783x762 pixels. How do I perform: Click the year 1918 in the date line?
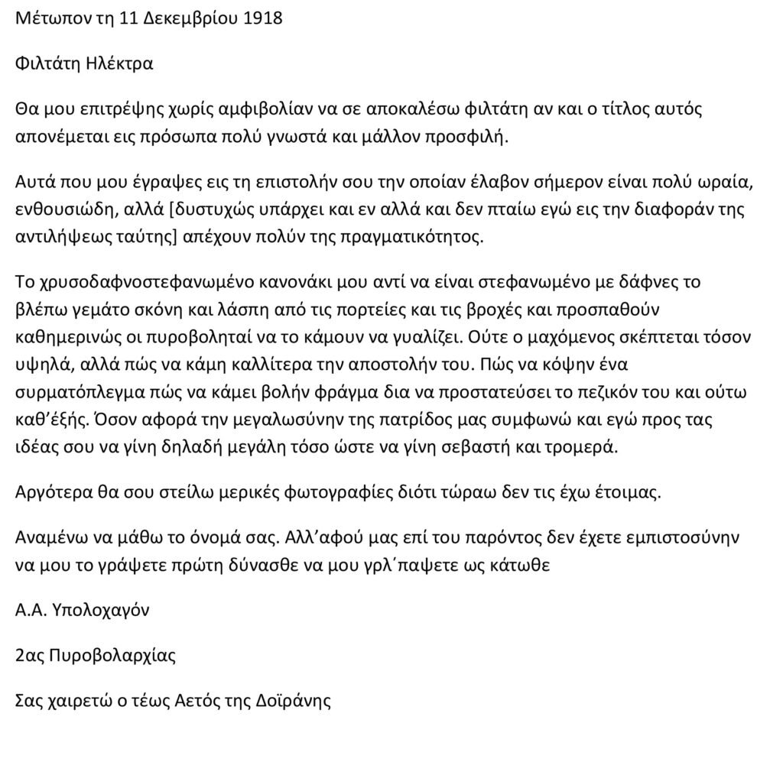[262, 18]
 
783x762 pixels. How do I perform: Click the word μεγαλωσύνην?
[307, 420]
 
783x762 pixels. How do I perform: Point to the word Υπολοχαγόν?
[99, 611]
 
